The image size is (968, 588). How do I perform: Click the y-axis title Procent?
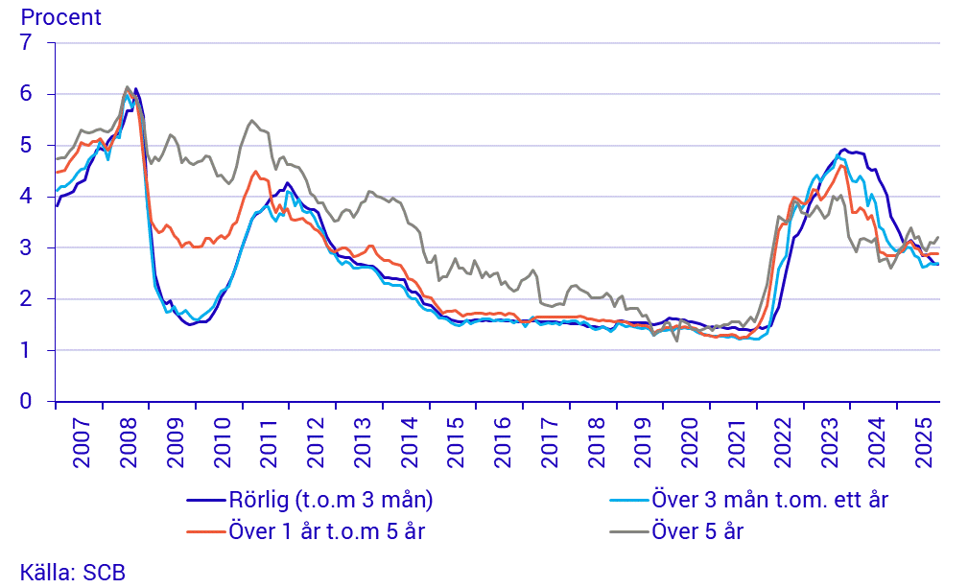60,17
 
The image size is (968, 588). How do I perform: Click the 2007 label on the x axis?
80,444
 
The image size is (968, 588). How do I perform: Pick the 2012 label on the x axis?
314,444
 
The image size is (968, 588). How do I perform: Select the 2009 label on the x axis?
174,444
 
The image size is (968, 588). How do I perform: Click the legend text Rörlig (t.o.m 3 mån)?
331,500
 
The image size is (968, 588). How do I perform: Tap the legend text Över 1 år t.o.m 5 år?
326,530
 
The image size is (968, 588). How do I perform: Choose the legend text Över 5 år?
696,530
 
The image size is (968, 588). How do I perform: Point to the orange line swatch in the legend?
205,530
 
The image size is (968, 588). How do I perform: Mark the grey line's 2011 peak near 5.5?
251,121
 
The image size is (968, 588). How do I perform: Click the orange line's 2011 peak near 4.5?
255,172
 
